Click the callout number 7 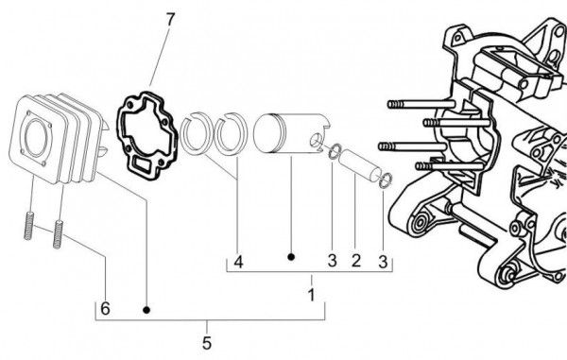coord(170,20)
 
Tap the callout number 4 coord(238,261)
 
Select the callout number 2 coord(356,261)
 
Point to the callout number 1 coord(312,295)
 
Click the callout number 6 coord(106,309)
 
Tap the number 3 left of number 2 coord(332,261)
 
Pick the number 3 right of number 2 coord(383,261)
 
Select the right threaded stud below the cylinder coord(60,231)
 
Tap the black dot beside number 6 coord(146,309)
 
